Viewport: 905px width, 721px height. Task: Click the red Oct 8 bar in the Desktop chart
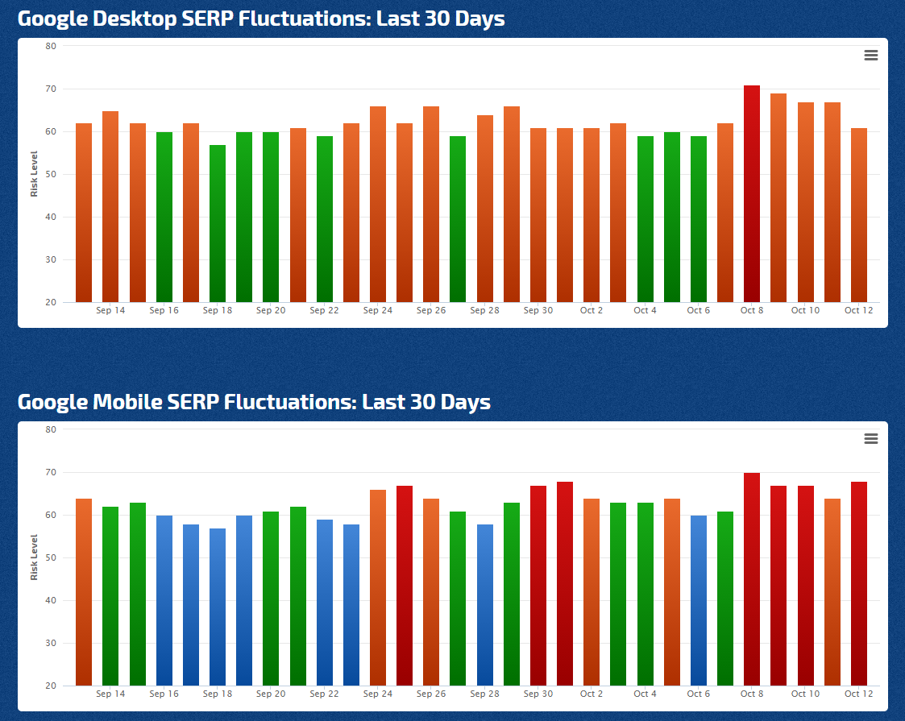coord(752,193)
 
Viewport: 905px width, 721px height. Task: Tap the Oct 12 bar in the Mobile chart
coord(858,583)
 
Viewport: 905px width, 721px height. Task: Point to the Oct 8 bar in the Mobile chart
coord(752,579)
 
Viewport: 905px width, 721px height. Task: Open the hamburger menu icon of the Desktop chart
coord(870,56)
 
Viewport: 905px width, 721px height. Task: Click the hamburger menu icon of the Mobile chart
coord(870,439)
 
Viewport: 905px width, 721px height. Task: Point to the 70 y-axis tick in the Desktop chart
coord(50,89)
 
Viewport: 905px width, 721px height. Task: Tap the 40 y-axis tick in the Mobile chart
coord(50,600)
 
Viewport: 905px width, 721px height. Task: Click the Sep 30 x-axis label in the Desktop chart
coord(538,310)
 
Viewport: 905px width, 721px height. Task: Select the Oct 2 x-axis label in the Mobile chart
coord(592,694)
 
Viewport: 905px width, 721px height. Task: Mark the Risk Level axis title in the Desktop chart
coord(34,174)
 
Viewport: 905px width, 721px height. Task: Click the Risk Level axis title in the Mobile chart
coord(34,557)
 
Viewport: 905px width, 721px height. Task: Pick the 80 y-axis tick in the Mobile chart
coord(50,429)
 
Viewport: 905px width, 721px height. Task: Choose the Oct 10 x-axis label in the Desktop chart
coord(805,310)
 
